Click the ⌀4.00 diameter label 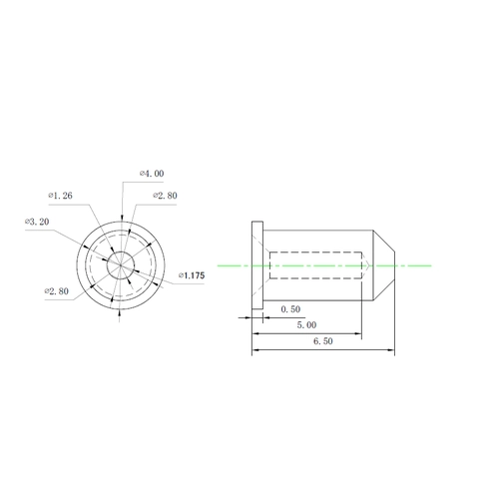click(152, 174)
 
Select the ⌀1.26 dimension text click(60, 196)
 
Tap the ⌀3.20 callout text click(37, 222)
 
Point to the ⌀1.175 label click(192, 275)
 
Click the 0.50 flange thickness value click(290, 309)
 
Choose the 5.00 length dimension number click(306, 325)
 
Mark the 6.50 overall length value click(323, 341)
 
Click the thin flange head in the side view click(257, 265)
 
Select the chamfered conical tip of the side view click(384, 265)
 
